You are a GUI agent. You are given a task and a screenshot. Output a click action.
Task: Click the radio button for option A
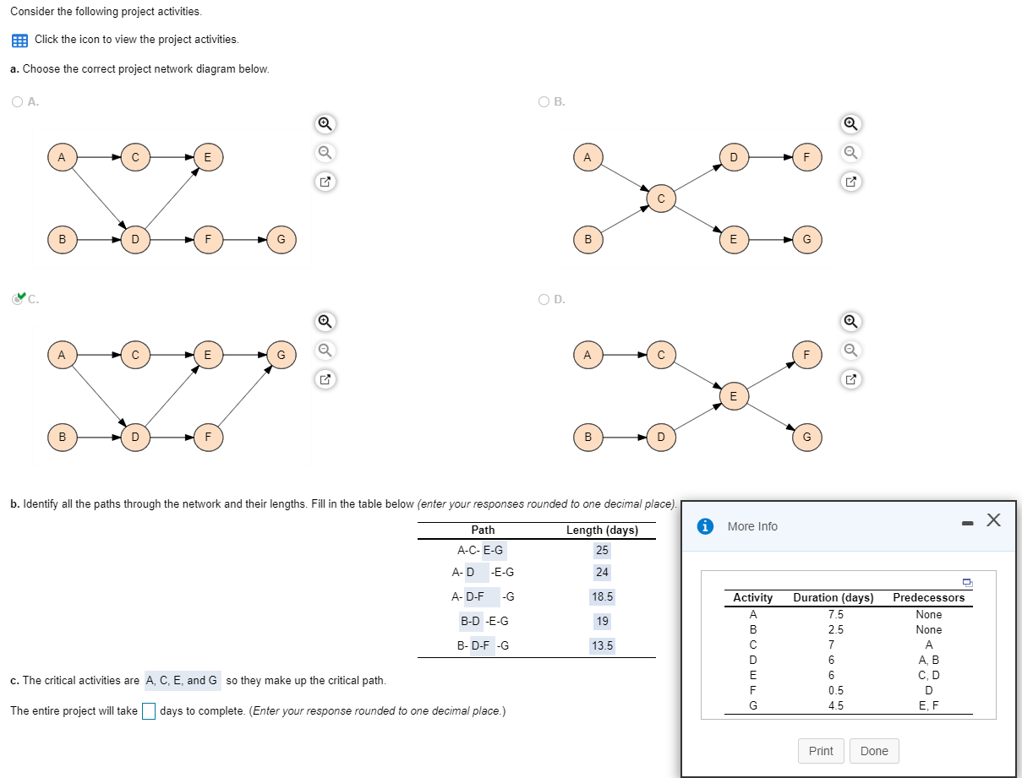click(18, 101)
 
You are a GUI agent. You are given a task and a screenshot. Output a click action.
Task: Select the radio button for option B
click(544, 101)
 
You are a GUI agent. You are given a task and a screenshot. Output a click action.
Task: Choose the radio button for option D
click(544, 299)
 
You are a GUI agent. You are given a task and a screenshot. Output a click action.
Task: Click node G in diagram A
click(281, 240)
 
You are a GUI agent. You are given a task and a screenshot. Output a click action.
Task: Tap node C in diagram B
click(661, 199)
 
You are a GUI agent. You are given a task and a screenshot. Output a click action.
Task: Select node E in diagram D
click(733, 396)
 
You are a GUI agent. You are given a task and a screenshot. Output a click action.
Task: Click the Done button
click(874, 751)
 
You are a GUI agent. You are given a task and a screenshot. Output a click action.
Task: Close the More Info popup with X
click(994, 521)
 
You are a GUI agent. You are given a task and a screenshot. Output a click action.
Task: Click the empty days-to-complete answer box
click(149, 711)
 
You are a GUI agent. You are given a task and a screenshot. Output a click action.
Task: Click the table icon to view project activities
click(19, 40)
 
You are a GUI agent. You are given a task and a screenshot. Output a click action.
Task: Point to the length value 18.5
click(602, 597)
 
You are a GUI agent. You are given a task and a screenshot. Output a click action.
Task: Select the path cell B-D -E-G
click(484, 621)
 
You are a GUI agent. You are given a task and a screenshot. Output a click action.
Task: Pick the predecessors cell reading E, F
click(928, 705)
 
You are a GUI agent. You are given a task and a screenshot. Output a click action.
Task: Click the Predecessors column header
click(928, 597)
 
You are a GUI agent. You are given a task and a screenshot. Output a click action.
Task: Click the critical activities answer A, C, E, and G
click(181, 680)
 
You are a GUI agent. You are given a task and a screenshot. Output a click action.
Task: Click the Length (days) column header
click(602, 530)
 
